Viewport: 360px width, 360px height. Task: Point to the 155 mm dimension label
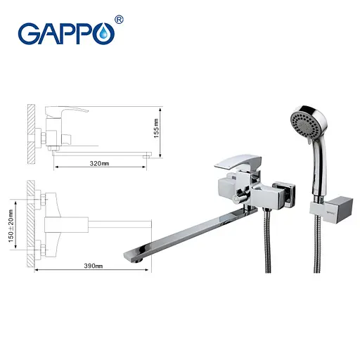tap(156, 130)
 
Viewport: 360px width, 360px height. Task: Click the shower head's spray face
tap(307, 127)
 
